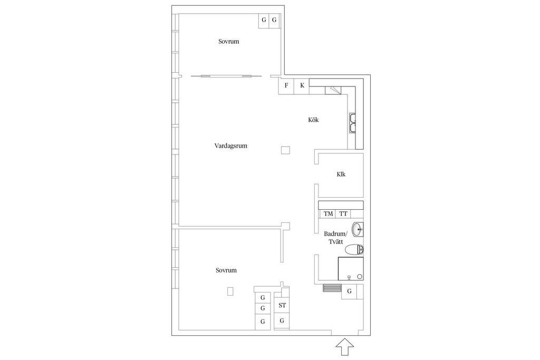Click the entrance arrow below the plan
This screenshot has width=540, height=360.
click(345, 347)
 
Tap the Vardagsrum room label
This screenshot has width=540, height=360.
click(231, 146)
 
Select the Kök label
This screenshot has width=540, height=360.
click(313, 120)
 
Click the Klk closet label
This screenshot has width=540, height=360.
click(341, 174)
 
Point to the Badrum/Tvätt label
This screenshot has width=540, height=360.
click(336, 238)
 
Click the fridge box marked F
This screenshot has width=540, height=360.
click(286, 86)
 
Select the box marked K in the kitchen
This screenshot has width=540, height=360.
click(302, 86)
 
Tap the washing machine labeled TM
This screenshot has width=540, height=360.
click(328, 213)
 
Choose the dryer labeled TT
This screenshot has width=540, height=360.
click(343, 213)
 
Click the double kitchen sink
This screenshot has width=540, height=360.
click(353, 123)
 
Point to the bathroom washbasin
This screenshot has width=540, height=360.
click(358, 230)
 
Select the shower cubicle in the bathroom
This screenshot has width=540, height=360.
click(351, 269)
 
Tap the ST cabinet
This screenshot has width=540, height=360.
click(282, 305)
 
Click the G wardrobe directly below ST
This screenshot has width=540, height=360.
click(282, 322)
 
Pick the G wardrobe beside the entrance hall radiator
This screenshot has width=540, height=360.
click(349, 291)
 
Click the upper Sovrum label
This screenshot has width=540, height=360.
click(229, 42)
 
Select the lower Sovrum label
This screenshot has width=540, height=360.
click(226, 270)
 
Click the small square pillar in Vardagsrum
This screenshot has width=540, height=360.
click(285, 150)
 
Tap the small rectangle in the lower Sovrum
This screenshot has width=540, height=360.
click(230, 291)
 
